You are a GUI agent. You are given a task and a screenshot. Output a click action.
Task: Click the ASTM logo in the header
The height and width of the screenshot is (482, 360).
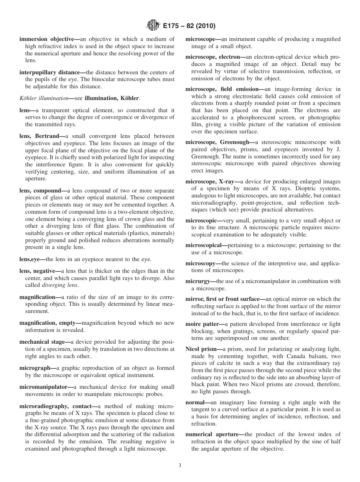(x=152, y=26)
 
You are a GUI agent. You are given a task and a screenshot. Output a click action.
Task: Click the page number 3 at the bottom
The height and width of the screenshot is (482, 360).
(x=180, y=466)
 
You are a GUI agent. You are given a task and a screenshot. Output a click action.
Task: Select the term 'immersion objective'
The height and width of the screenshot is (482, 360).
(x=44, y=39)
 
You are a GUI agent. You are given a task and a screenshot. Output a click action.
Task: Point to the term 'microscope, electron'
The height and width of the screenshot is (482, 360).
(x=213, y=57)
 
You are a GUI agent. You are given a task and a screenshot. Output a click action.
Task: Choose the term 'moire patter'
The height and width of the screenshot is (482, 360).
(x=202, y=324)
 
